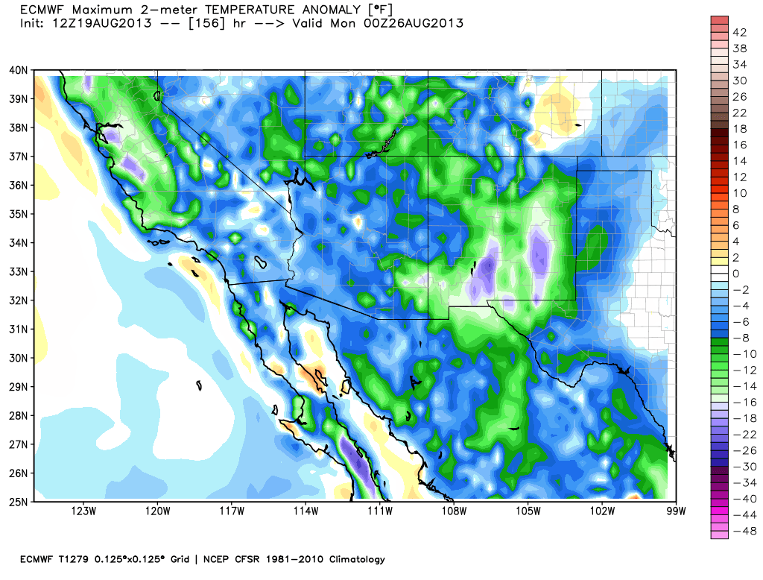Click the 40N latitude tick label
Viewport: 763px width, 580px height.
(x=19, y=70)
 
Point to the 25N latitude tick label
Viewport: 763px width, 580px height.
(x=19, y=501)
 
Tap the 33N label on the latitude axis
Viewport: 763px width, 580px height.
(x=19, y=271)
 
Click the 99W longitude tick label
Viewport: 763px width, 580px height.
(x=676, y=511)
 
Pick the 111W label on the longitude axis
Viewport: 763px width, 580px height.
(x=380, y=511)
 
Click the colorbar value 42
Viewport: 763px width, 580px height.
(x=740, y=32)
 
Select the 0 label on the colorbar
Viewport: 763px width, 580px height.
(x=735, y=274)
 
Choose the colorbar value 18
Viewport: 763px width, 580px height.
(x=740, y=129)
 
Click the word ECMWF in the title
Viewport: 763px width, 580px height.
(x=41, y=10)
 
